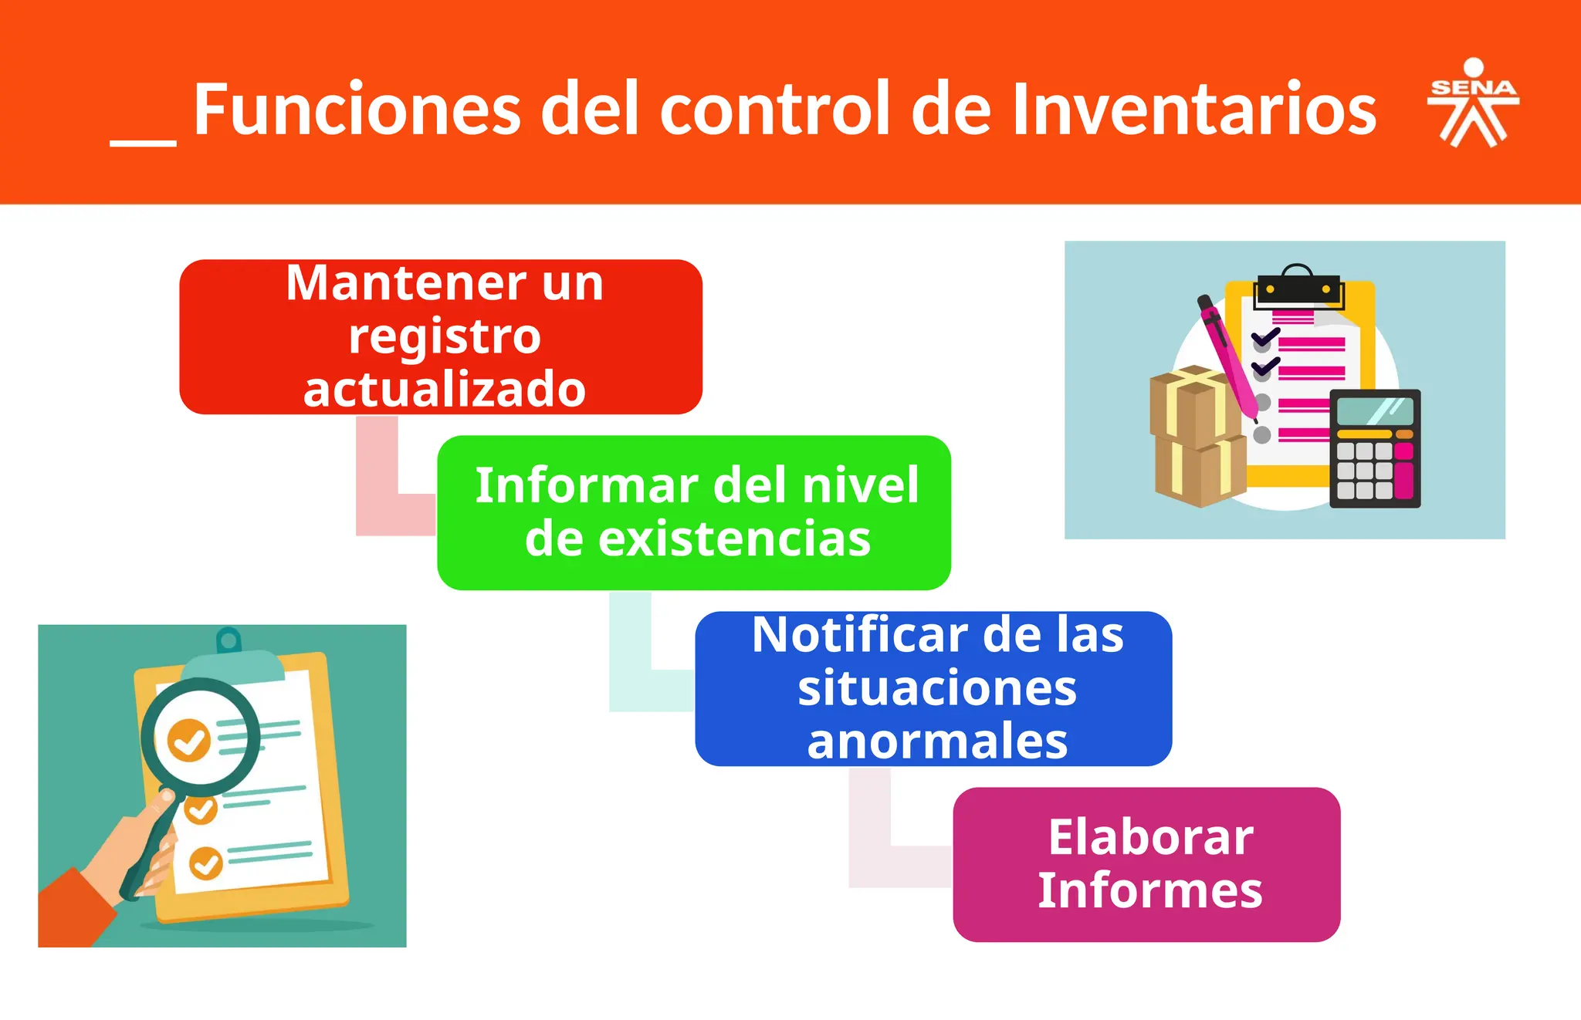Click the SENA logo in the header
click(x=1473, y=103)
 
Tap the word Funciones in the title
click(x=357, y=110)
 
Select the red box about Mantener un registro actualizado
click(x=440, y=336)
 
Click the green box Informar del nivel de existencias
click(x=693, y=512)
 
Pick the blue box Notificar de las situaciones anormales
click(x=933, y=688)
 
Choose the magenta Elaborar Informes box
click(x=1146, y=864)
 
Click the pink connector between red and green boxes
click(x=378, y=494)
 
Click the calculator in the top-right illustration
click(x=1375, y=448)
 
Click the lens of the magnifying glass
click(x=199, y=737)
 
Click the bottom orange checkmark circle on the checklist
click(x=206, y=863)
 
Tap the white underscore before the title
click(x=143, y=142)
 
